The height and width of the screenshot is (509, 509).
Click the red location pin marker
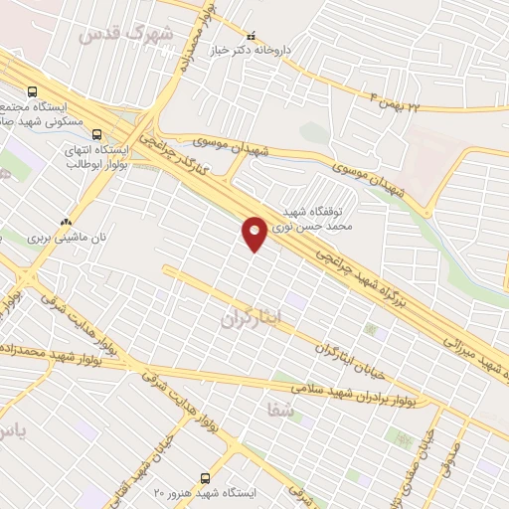[x=255, y=233]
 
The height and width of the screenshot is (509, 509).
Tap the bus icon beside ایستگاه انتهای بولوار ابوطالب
[x=96, y=132]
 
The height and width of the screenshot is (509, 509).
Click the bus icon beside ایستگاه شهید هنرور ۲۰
[x=206, y=478]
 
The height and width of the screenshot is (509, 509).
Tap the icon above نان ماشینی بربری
[x=66, y=223]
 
